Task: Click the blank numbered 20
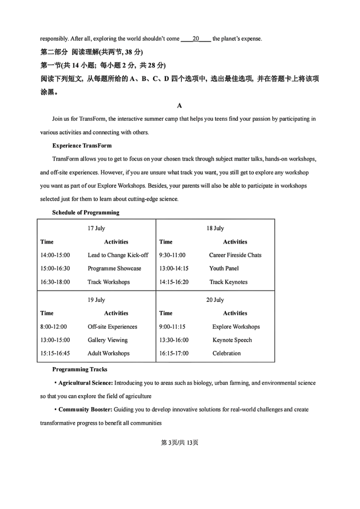click(x=196, y=39)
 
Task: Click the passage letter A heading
click(x=180, y=106)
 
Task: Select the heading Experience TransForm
click(x=82, y=146)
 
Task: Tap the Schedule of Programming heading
click(x=86, y=213)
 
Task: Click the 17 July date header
click(x=96, y=228)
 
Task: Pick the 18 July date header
click(x=215, y=228)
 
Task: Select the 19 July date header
click(x=96, y=300)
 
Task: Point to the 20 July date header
click(x=215, y=300)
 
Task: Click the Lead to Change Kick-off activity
click(x=118, y=255)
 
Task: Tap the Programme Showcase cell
click(x=114, y=268)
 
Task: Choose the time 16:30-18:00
click(x=55, y=282)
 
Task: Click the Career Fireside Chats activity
click(x=235, y=255)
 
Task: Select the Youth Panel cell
click(x=224, y=268)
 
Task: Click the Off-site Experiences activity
click(x=112, y=327)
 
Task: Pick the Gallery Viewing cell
click(x=107, y=340)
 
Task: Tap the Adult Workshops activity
click(x=108, y=354)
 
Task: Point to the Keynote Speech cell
click(x=232, y=340)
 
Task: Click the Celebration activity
click(x=227, y=354)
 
